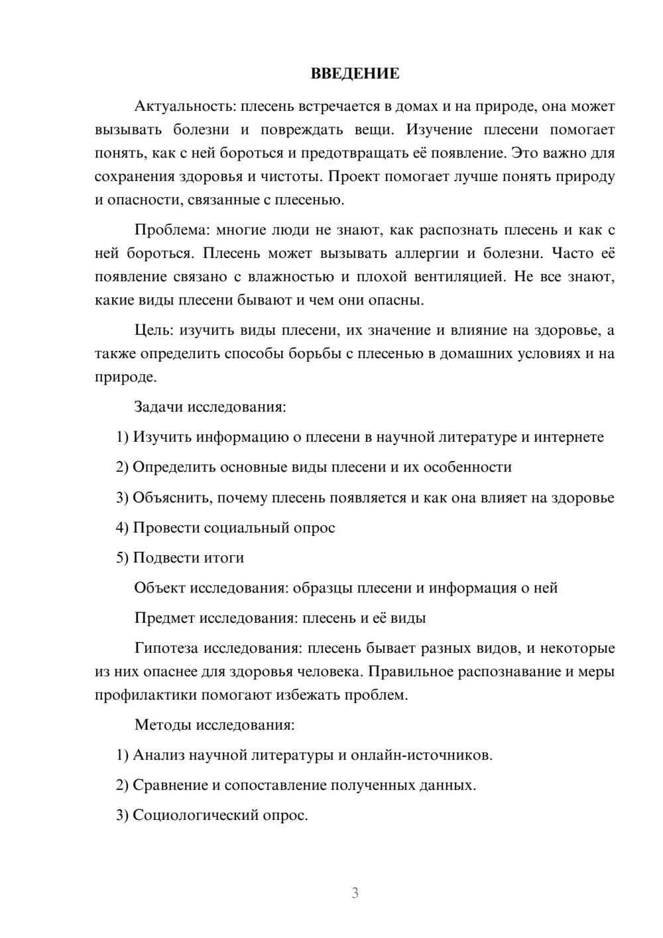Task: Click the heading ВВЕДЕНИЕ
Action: click(355, 74)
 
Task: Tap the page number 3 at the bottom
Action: click(355, 893)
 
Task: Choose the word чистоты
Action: click(294, 176)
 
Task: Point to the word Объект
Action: click(160, 588)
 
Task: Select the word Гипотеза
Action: click(166, 648)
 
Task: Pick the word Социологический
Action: click(196, 815)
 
